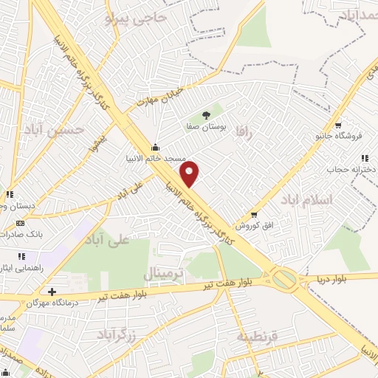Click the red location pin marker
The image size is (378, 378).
coord(190,173)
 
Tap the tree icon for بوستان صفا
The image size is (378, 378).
coord(205,114)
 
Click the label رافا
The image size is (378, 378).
coord(244,131)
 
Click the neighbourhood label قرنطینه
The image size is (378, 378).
coord(256,337)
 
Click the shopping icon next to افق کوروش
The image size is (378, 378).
coord(254,215)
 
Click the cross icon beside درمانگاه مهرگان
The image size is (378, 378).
coord(51,291)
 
